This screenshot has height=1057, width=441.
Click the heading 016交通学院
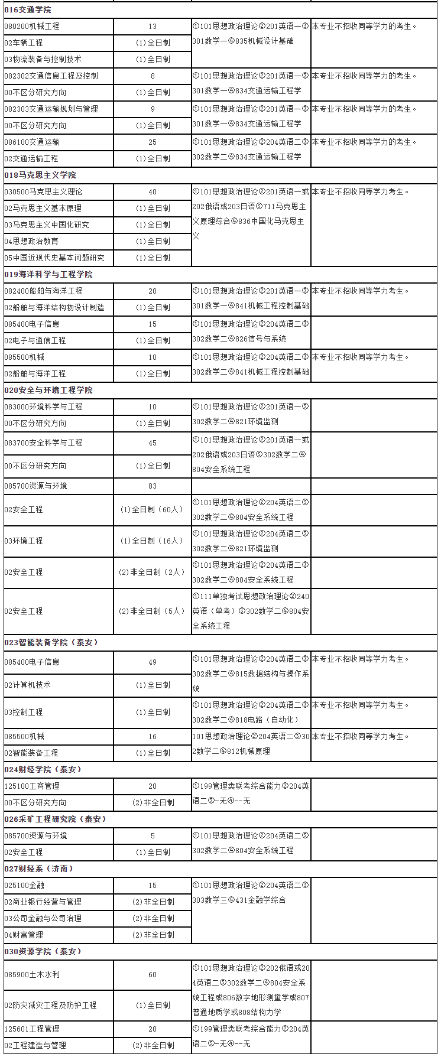tap(28, 9)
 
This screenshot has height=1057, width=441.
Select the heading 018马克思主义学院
tap(40, 175)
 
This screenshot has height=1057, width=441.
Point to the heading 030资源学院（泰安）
tap(43, 951)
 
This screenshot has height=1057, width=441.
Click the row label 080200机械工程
tap(32, 26)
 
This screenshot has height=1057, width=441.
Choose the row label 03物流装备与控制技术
tap(43, 59)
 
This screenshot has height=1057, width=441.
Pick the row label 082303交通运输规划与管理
tap(51, 109)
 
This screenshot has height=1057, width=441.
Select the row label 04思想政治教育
tap(31, 241)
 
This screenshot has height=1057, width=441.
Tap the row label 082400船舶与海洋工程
tap(44, 291)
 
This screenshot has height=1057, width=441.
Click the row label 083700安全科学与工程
tap(44, 443)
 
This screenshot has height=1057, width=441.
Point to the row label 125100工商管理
tap(32, 786)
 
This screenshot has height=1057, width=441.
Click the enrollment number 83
tap(153, 486)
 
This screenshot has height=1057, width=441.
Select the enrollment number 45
tap(153, 443)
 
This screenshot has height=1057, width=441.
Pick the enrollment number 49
tap(153, 662)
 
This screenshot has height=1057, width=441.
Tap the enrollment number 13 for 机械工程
tap(153, 26)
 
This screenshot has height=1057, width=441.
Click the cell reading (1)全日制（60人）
tap(153, 509)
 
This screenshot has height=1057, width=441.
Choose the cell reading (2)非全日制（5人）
tap(153, 611)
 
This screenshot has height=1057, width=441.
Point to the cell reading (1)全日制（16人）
tap(153, 541)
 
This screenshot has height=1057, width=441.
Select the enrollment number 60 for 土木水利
tap(153, 974)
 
